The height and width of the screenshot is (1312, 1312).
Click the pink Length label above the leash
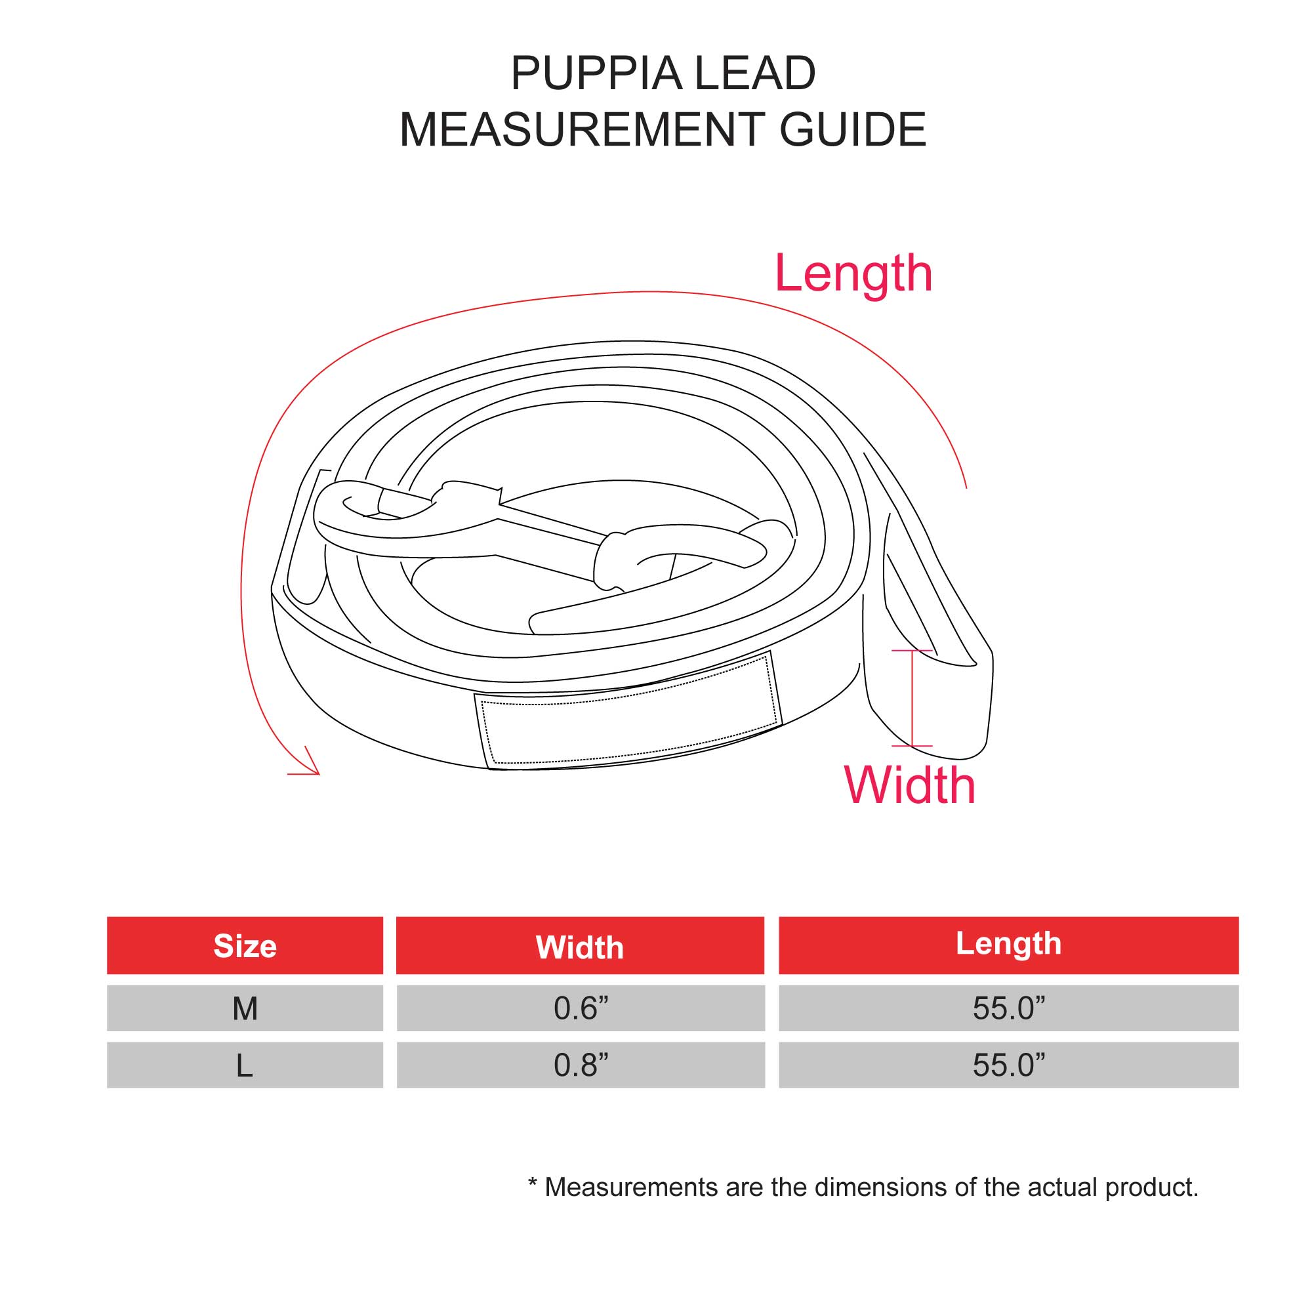(853, 274)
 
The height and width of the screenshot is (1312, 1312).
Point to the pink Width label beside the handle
(909, 786)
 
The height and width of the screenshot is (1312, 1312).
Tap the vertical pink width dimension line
(911, 698)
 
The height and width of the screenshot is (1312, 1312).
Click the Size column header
(245, 946)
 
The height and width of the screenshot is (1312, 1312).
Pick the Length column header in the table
(1008, 945)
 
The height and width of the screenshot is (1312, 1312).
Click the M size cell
(245, 1008)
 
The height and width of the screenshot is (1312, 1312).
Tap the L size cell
(245, 1065)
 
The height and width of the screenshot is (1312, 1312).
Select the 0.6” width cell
(580, 1008)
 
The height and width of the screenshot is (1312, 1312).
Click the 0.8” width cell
(580, 1065)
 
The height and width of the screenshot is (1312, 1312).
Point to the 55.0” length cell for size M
(1008, 1008)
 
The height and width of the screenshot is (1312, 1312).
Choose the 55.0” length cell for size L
(1008, 1065)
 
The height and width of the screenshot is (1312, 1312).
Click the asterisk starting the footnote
(533, 1183)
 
